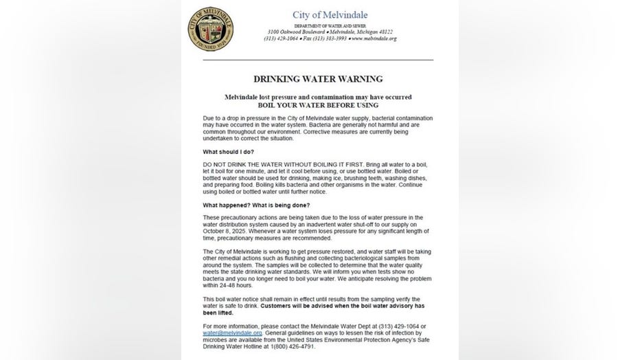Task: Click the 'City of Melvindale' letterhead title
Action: point(330,14)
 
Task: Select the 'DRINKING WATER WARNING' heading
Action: point(318,79)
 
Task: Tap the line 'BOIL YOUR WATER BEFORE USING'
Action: point(318,106)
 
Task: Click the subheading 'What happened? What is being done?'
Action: point(256,205)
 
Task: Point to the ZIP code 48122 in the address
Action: point(382,32)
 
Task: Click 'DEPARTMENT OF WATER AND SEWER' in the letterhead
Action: point(330,25)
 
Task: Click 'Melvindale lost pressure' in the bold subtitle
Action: point(262,98)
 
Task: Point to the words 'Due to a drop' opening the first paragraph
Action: point(219,118)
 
